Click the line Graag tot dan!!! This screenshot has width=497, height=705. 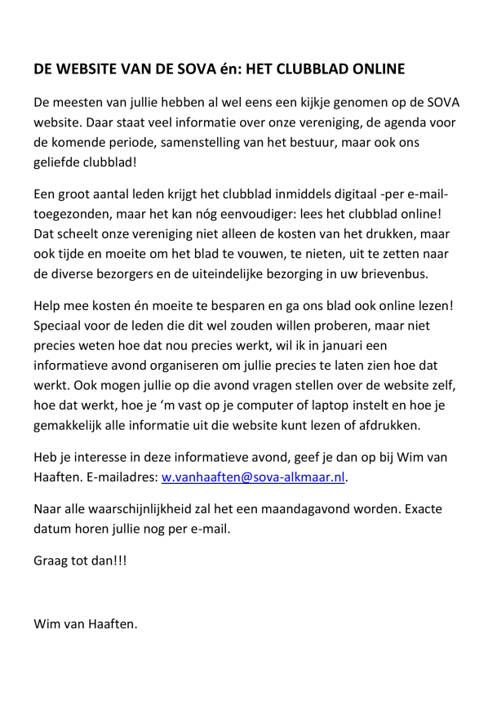coord(81,562)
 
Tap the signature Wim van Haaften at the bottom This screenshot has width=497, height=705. coord(86,626)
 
